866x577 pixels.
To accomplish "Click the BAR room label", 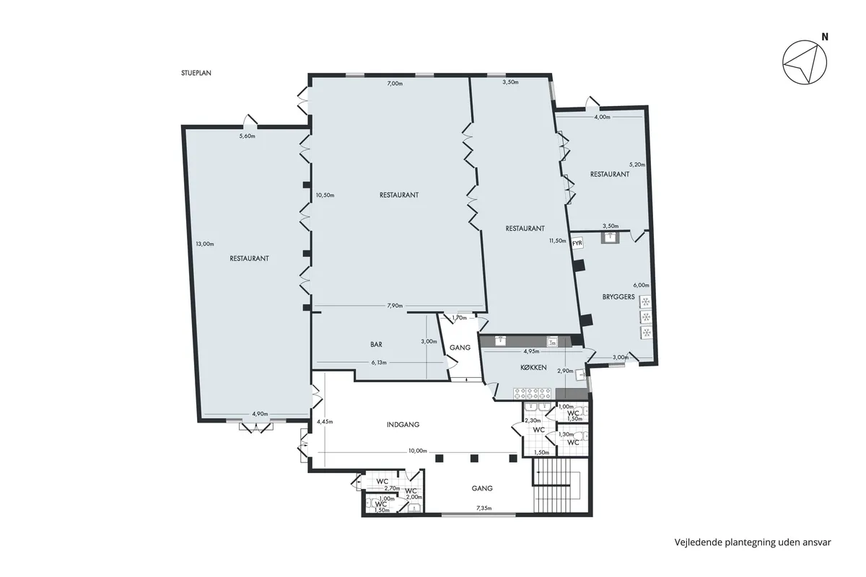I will pos(376,345).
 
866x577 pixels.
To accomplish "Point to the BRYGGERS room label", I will pos(618,297).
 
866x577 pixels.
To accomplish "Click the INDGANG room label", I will pos(403,425).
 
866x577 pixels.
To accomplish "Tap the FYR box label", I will pos(577,244).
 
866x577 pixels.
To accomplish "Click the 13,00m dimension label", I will pos(204,244).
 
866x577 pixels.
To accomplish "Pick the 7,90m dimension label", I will pos(395,306).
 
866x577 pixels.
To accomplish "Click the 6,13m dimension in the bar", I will pos(379,363).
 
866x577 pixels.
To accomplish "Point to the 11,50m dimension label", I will pos(557,241).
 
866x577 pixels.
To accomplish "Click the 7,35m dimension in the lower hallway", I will pos(484,508).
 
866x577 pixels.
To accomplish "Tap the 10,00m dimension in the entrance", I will pos(416,451).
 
